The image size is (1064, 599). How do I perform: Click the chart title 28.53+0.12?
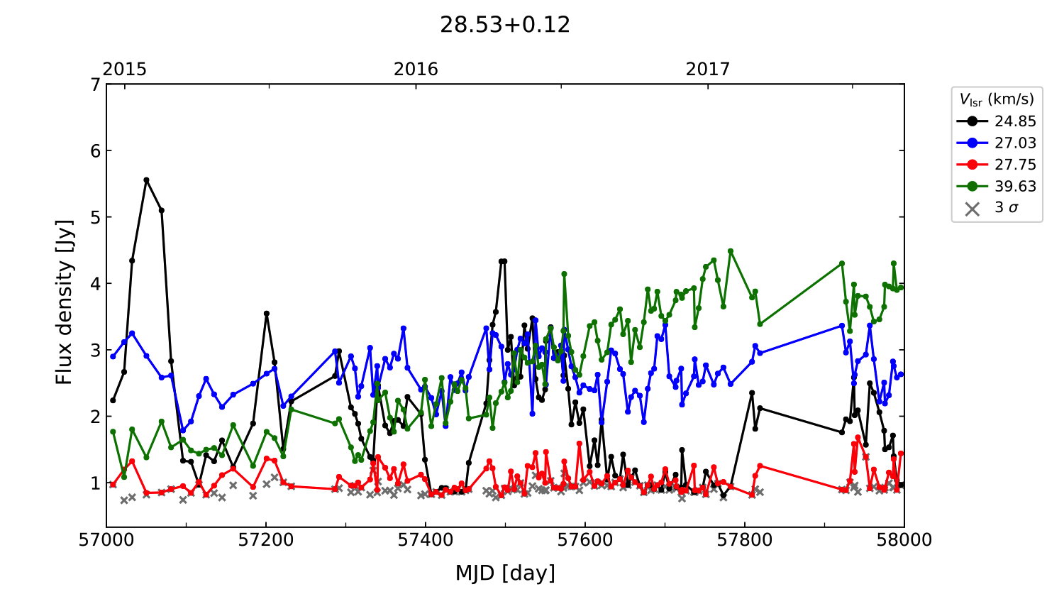click(x=504, y=25)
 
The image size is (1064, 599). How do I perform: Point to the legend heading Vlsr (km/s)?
click(x=997, y=99)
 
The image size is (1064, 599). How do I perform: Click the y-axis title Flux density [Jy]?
click(x=65, y=302)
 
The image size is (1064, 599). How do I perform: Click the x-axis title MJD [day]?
click(x=505, y=573)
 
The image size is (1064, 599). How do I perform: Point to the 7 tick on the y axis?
click(x=95, y=84)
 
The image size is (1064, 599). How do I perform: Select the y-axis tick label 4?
click(x=95, y=284)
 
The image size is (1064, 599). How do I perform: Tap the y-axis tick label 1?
click(x=95, y=483)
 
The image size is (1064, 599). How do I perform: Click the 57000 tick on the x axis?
click(x=106, y=540)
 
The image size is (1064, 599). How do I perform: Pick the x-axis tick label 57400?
click(x=426, y=540)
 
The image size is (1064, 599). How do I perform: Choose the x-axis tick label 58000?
click(x=904, y=540)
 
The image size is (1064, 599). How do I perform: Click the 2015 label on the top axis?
click(x=125, y=69)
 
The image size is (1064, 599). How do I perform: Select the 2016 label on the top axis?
click(x=416, y=69)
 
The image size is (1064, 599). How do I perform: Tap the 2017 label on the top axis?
click(x=707, y=69)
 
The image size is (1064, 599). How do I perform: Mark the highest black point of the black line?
click(x=146, y=180)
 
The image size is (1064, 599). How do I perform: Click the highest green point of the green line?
click(x=731, y=251)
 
